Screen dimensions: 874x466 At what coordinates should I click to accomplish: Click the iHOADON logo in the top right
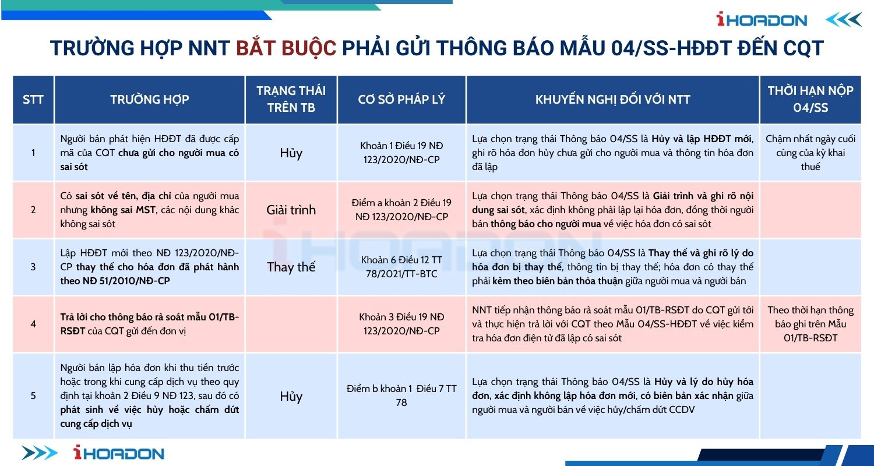pos(762,19)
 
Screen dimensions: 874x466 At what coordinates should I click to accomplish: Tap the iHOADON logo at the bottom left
pos(119,453)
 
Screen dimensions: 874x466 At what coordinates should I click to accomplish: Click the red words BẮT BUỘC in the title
pos(286,48)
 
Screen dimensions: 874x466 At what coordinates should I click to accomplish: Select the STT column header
pos(33,100)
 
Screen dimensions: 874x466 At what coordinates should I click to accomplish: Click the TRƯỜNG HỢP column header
pos(149,100)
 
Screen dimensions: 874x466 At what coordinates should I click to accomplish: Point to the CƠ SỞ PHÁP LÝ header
pos(401,100)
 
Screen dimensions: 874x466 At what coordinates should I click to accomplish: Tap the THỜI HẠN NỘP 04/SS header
pos(810,100)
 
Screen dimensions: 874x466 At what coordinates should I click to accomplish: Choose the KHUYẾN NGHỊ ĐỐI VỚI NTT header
pos(612,100)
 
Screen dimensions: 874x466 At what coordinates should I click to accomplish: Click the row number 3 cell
pos(33,267)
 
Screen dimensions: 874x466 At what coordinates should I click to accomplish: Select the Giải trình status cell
pos(291,210)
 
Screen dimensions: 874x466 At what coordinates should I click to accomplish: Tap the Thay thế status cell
pos(291,267)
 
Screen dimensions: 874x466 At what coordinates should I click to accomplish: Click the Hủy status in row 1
pos(291,153)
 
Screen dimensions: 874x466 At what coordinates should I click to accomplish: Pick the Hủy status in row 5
pos(291,396)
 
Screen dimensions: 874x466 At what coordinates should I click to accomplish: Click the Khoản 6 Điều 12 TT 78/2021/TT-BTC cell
pos(401,267)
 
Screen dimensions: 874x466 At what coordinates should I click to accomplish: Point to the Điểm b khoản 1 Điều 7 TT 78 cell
pos(401,396)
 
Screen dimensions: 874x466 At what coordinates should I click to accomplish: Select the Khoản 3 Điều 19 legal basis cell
pos(401,324)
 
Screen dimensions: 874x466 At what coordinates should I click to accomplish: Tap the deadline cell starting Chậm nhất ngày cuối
pos(810,153)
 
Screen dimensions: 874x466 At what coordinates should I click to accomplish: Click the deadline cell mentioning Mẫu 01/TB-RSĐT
pos(810,324)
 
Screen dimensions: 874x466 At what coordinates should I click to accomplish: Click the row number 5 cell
pos(33,396)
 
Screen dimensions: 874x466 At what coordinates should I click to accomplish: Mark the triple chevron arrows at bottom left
pos(40,453)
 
